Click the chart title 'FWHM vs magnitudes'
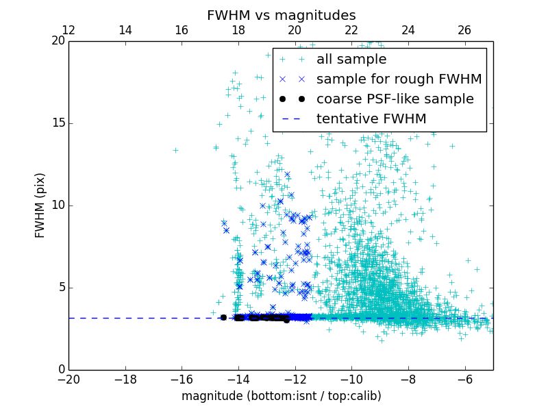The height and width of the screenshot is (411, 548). click(281, 15)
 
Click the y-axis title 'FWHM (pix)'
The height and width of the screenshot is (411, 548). click(40, 205)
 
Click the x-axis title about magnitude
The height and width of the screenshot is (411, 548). click(281, 396)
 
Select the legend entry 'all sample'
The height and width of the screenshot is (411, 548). click(351, 60)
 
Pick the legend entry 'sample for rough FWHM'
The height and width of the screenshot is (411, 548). click(399, 79)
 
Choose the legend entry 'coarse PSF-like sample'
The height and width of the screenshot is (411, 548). click(395, 99)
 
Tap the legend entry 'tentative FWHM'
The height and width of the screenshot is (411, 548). click(371, 119)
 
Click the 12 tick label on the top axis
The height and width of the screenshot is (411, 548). click(68, 30)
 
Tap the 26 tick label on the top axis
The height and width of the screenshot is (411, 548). click(464, 30)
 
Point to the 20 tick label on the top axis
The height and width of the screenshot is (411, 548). click(295, 30)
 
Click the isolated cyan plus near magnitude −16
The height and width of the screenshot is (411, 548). click(175, 150)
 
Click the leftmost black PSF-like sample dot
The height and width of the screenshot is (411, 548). click(223, 317)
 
